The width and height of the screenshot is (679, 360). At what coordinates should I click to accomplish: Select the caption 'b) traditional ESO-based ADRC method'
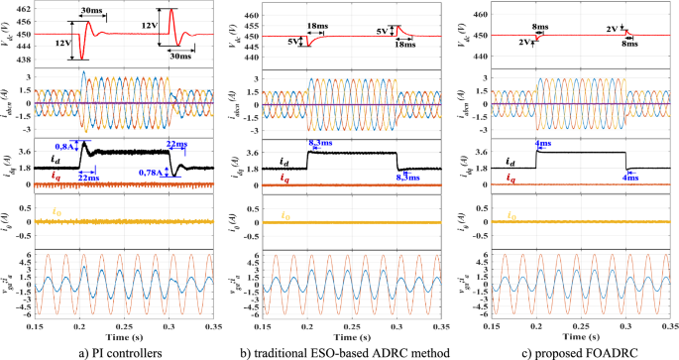344,349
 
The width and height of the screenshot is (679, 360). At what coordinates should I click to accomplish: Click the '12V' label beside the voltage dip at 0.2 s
61,45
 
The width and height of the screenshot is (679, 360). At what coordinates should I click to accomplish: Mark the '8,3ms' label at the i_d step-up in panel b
321,145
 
